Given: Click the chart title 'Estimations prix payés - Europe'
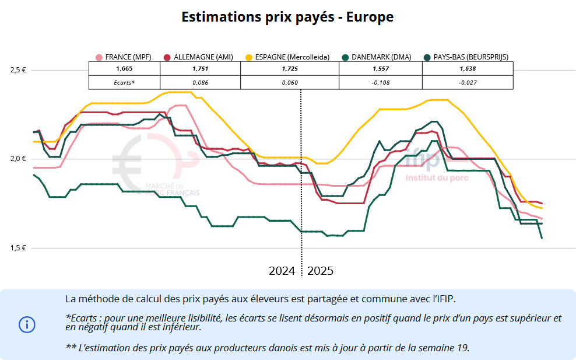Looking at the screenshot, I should coord(287,17).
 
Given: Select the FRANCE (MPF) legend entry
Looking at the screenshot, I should coord(124,57).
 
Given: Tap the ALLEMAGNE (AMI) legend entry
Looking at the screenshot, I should coord(199,57).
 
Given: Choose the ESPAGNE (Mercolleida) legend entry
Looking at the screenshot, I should coord(287,57).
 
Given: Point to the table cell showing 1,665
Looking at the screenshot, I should coord(124,69).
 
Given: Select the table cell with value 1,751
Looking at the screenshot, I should coord(200,69).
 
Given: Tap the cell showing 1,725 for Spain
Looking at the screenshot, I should coord(290,69).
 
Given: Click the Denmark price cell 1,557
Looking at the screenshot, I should coord(381,69).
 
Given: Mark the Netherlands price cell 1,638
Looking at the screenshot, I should coord(468,69).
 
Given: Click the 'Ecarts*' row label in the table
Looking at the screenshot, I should coord(124,83).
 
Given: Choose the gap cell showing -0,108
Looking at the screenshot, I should coord(381,83).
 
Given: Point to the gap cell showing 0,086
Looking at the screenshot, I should coord(200,83).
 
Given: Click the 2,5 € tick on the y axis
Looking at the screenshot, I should coord(18,70).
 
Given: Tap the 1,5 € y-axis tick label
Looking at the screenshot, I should coord(18,248).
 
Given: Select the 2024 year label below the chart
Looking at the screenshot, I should coord(282,271).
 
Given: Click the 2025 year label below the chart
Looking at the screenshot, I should coord(320,271).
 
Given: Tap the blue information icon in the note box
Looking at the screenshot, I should coord(27,324).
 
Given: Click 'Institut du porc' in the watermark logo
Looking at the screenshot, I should coord(433,177).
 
